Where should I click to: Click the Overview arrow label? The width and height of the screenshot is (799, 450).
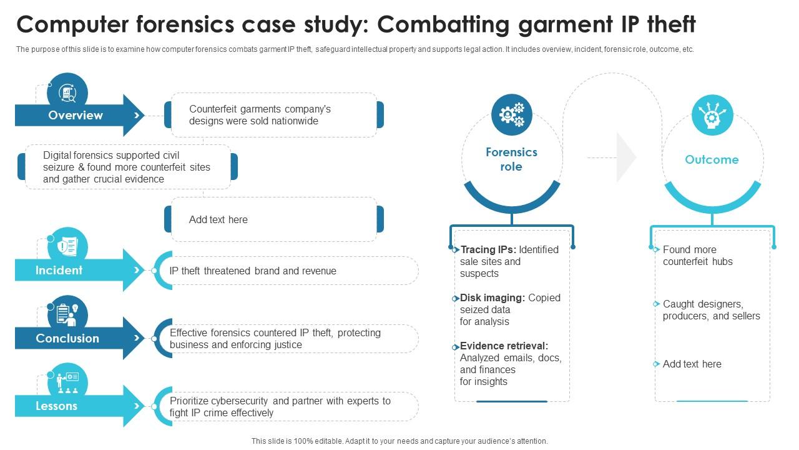click(x=76, y=116)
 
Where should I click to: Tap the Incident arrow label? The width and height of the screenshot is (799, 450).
click(x=59, y=271)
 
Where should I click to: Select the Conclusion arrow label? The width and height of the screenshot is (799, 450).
click(x=67, y=338)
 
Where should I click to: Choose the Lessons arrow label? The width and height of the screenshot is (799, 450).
click(x=56, y=406)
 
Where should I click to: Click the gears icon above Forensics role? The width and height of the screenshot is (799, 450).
click(x=511, y=114)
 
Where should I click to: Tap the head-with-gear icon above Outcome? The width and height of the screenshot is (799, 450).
click(x=712, y=115)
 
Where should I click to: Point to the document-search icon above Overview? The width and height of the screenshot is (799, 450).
click(x=67, y=93)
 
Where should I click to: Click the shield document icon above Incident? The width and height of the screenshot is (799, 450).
click(x=67, y=247)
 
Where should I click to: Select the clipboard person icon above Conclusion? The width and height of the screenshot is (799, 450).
click(x=67, y=314)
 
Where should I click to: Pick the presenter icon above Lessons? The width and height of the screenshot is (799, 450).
click(x=67, y=383)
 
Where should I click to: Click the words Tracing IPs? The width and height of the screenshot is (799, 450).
click(x=488, y=249)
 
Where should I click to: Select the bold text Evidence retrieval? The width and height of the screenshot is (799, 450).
click(x=504, y=346)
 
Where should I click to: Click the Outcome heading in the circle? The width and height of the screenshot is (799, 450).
click(x=712, y=159)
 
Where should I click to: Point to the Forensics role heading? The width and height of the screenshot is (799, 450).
click(x=511, y=159)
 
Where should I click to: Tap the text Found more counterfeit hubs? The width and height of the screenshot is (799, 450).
click(x=697, y=256)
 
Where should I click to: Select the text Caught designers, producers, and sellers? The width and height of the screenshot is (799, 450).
click(x=711, y=310)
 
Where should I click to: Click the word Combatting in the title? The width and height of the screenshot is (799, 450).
click(x=444, y=25)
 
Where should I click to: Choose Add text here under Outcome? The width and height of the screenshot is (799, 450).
click(x=692, y=364)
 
